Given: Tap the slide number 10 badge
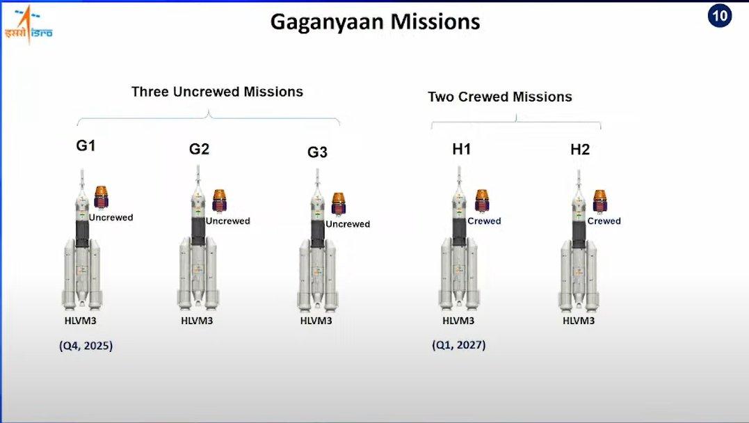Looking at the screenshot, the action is point(719,16).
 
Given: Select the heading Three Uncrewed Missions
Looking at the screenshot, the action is point(218,92).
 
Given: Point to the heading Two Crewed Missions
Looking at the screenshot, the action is point(499,97).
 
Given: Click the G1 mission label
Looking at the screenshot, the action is point(86,145).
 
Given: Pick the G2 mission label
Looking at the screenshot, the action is point(199,149).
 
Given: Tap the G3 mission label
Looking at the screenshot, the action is point(317,152).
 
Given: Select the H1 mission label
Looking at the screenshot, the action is point(462,150).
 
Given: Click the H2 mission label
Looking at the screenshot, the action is point(580,150).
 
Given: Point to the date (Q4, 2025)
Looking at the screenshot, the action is point(86,346).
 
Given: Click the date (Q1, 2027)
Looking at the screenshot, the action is point(459,344).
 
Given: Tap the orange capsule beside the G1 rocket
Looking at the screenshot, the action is point(101,197).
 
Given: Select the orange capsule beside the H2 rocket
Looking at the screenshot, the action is point(599,201).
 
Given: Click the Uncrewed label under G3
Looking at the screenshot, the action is point(348,224).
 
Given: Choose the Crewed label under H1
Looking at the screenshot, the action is point(484,221).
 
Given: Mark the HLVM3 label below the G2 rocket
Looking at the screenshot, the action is point(197,321).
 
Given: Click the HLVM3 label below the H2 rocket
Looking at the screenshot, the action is point(579,321).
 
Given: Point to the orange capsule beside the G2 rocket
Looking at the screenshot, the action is point(219,201).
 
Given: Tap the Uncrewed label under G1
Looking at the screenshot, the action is point(111,218).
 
